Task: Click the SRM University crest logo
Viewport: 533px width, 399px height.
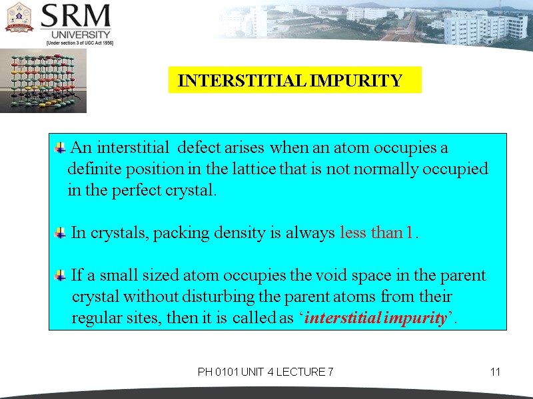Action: (19, 17)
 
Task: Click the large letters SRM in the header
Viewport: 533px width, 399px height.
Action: (76, 16)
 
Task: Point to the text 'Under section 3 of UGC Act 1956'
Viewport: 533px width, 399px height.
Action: (79, 43)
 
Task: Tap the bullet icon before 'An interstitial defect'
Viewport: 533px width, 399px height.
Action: (61, 146)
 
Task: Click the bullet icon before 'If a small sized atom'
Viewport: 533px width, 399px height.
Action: (61, 275)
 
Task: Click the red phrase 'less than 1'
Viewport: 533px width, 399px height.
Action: (377, 233)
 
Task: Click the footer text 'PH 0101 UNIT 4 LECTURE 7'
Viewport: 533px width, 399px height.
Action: (265, 372)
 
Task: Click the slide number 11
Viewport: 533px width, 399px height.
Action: (495, 372)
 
